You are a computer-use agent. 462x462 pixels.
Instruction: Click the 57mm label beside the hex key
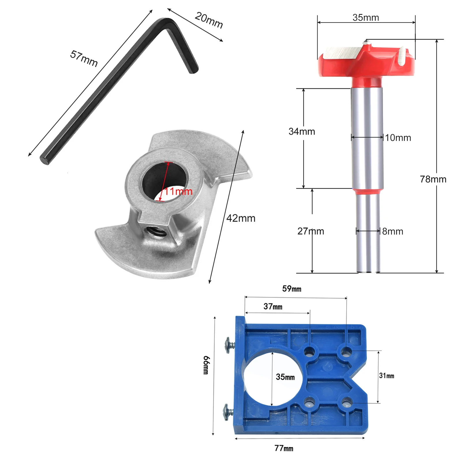pyautogui.click(x=84, y=58)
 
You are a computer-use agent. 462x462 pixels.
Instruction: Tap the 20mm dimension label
pyautogui.click(x=209, y=20)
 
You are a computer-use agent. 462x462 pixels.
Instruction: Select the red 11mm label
pyautogui.click(x=178, y=191)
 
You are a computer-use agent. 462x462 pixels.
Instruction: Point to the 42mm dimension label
pyautogui.click(x=241, y=218)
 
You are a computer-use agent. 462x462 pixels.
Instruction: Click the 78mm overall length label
pyautogui.click(x=433, y=179)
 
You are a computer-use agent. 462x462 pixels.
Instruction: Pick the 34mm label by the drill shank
pyautogui.click(x=302, y=132)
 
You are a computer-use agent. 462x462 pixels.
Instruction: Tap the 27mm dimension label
pyautogui.click(x=311, y=231)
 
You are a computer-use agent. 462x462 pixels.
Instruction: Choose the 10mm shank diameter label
pyautogui.click(x=398, y=138)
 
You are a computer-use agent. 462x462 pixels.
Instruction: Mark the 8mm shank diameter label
pyautogui.click(x=393, y=231)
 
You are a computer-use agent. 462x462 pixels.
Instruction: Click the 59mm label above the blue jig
pyautogui.click(x=292, y=289)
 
